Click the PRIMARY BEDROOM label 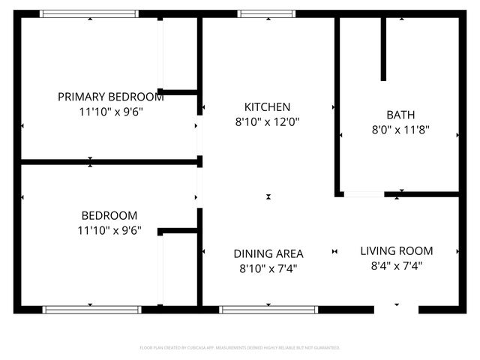(x=111, y=97)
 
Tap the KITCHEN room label (x=268, y=107)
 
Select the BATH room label (x=400, y=115)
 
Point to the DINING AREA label (x=268, y=253)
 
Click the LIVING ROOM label (x=396, y=250)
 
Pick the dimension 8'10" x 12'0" (x=268, y=121)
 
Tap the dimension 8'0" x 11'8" (x=400, y=129)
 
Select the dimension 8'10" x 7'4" (x=268, y=268)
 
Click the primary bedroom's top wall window (x=89, y=13)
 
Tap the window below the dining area (x=268, y=309)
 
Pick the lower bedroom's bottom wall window (x=91, y=309)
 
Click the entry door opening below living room (x=396, y=309)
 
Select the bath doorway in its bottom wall (x=364, y=194)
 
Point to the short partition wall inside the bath (x=383, y=49)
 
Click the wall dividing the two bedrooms (x=109, y=161)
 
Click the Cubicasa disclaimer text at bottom (x=240, y=348)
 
